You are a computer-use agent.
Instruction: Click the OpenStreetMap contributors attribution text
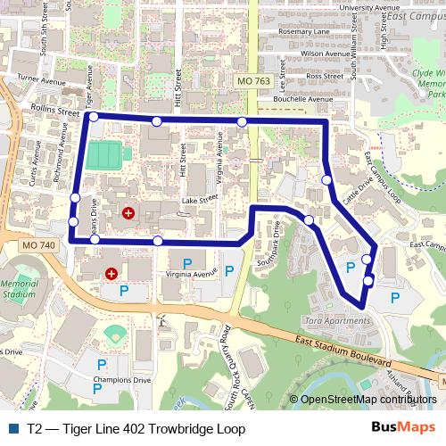point(368,399)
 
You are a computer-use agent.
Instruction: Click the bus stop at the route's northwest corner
point(94,116)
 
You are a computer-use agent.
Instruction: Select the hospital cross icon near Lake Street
point(128,213)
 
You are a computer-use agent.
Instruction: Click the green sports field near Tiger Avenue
point(103,153)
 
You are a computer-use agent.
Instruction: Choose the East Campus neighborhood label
point(419,17)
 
